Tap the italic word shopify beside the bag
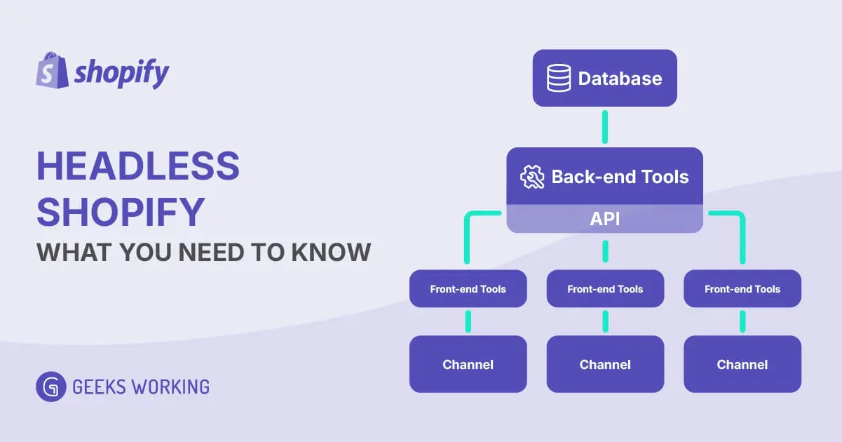121,73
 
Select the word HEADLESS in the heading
137,167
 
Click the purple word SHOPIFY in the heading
121,210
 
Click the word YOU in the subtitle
144,252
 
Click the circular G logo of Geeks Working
50,387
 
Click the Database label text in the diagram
620,78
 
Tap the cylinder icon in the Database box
559,78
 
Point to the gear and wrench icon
532,177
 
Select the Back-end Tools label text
620,177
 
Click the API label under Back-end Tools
604,219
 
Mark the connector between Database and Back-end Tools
605,127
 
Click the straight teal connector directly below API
605,251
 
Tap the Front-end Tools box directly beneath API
605,289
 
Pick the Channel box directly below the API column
605,364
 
